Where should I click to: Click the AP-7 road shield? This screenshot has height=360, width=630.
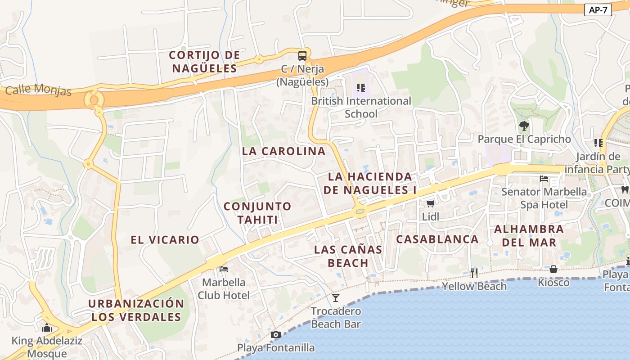pyautogui.click(x=598, y=10)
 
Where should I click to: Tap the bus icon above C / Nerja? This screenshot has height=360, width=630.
pyautogui.click(x=302, y=56)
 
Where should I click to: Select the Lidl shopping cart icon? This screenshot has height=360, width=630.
pyautogui.click(x=430, y=203)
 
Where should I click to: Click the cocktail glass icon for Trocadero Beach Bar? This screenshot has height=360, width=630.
pyautogui.click(x=336, y=297)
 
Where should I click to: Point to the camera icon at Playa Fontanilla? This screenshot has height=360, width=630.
pyautogui.click(x=276, y=334)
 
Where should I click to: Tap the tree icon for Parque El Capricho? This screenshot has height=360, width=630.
pyautogui.click(x=524, y=126)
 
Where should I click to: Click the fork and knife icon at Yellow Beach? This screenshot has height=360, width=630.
pyautogui.click(x=474, y=273)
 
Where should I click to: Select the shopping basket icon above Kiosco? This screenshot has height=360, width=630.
pyautogui.click(x=553, y=269)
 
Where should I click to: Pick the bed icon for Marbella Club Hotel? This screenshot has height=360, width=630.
pyautogui.click(x=224, y=269)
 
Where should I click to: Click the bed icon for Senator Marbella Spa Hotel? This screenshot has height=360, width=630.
pyautogui.click(x=544, y=179)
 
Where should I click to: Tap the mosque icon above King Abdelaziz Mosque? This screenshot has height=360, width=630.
pyautogui.click(x=47, y=328)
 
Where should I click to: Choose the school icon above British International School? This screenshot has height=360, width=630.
pyautogui.click(x=361, y=87)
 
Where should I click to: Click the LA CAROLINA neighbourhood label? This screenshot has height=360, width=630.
pyautogui.click(x=283, y=151)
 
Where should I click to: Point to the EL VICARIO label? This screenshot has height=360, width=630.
pyautogui.click(x=165, y=240)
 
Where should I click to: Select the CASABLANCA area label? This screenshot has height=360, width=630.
pyautogui.click(x=437, y=239)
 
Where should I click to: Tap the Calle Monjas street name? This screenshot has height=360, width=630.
pyautogui.click(x=38, y=90)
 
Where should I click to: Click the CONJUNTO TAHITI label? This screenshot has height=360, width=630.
pyautogui.click(x=257, y=213)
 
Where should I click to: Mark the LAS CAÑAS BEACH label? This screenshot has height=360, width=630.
pyautogui.click(x=348, y=256)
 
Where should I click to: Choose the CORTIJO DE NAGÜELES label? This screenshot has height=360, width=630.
pyautogui.click(x=204, y=62)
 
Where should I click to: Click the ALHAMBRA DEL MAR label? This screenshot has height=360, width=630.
pyautogui.click(x=529, y=235)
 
